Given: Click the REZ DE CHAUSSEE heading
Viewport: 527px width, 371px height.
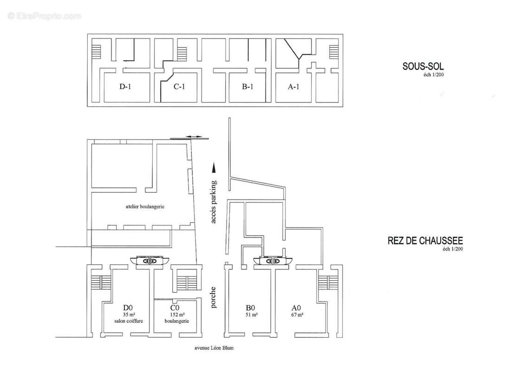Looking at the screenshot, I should pos(425,241).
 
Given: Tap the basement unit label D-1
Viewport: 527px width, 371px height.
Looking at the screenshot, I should pos(126,86).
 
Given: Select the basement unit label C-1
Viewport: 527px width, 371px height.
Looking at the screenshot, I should pos(180,86).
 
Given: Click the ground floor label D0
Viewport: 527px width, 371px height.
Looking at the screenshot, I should pos(128,307).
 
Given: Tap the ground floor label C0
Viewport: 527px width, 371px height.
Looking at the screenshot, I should pos(175,307).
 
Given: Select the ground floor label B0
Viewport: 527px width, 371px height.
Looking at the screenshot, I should pos(251,307).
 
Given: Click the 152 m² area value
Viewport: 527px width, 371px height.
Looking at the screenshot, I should pos(175,314).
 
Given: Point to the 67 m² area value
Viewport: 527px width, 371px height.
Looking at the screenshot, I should pos(297,314).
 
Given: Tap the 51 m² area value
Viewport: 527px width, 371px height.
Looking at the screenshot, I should pos(251,314).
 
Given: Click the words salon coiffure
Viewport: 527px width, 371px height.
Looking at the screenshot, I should pos(128,321).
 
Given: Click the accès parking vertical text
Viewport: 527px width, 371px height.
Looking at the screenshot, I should pos(214,202).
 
